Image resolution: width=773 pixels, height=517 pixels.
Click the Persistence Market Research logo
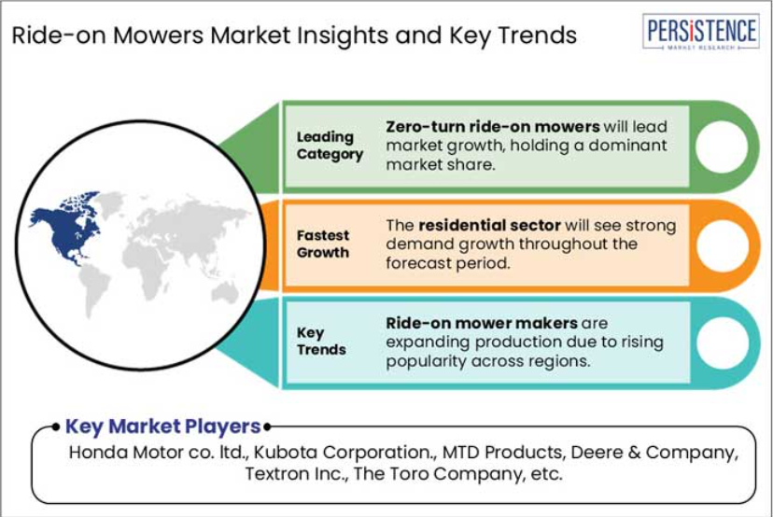(x=700, y=32)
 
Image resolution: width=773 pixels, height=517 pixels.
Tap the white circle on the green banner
(x=722, y=147)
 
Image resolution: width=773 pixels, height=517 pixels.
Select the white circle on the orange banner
(x=723, y=245)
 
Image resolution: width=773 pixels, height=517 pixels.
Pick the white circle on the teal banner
(x=723, y=343)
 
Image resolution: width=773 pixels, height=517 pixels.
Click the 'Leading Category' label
(x=330, y=146)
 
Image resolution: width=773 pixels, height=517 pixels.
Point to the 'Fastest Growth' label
(x=323, y=244)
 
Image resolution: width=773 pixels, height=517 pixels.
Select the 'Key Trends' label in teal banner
(x=321, y=341)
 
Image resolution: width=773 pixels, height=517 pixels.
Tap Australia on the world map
(x=225, y=292)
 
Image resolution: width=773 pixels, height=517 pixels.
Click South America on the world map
(x=95, y=291)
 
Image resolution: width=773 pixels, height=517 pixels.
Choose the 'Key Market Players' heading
(x=162, y=426)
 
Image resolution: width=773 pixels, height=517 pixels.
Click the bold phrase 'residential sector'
(x=489, y=225)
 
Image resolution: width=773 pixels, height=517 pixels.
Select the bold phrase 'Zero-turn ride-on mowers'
(x=493, y=127)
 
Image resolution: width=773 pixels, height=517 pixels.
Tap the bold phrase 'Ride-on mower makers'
(x=482, y=323)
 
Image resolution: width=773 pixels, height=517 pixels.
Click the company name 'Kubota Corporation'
(x=342, y=452)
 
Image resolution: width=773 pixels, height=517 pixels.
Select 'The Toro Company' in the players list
(x=437, y=474)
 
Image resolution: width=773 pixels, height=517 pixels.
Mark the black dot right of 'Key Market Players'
(x=267, y=426)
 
